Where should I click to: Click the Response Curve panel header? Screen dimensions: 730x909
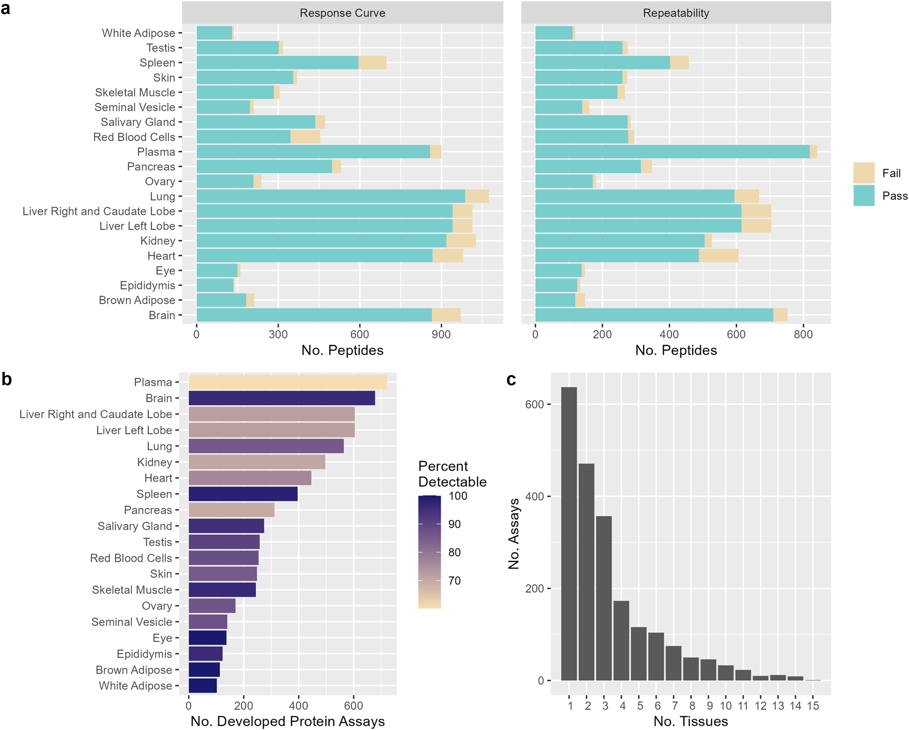click(x=342, y=13)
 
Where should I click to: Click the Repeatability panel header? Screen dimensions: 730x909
click(x=676, y=13)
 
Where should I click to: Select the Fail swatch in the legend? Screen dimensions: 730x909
click(x=864, y=173)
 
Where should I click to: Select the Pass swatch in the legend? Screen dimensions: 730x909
click(x=864, y=196)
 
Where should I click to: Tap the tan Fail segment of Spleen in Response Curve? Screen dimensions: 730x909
click(x=372, y=63)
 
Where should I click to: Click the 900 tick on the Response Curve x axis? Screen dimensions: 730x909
click(x=441, y=335)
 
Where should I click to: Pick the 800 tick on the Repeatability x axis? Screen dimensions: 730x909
click(x=803, y=335)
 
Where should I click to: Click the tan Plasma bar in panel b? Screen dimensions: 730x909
click(x=287, y=382)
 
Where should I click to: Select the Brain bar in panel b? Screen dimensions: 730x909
click(x=281, y=398)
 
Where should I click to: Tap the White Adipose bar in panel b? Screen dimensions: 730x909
click(x=203, y=685)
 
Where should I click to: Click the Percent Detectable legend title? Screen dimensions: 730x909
click(x=452, y=474)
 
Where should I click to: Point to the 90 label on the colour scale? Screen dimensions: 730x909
click(x=454, y=524)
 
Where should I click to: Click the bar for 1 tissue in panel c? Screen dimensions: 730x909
click(x=569, y=534)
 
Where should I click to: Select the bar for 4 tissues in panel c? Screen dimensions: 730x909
click(x=621, y=640)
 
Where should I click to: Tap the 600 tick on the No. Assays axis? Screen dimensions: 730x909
click(x=534, y=404)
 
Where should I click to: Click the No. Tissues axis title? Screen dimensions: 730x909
click(x=690, y=721)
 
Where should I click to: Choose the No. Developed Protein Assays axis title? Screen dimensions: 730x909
click(x=287, y=721)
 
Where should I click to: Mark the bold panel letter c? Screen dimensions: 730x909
click(x=511, y=380)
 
